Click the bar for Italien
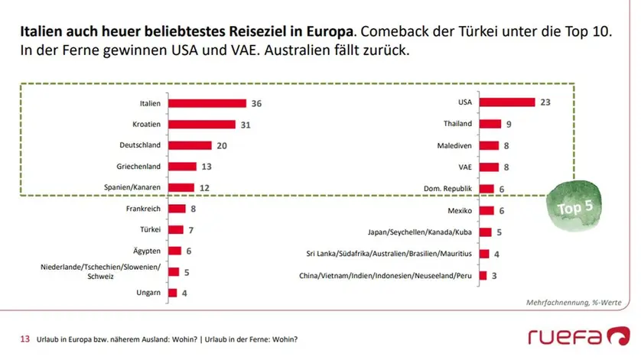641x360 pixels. [207, 102]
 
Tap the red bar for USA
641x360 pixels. [507, 102]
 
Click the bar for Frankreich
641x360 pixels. [177, 209]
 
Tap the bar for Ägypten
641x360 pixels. [174, 251]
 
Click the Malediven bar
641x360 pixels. [489, 145]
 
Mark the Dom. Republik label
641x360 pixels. [447, 187]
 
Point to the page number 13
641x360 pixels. [24, 339]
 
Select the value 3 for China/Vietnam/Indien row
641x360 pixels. [496, 275]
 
